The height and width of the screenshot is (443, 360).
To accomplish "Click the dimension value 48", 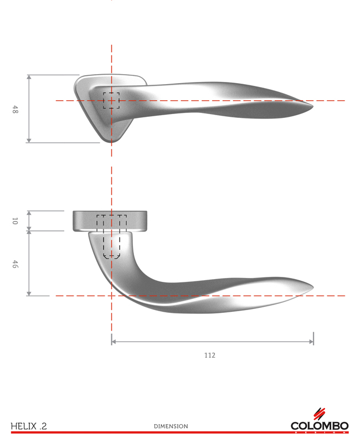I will click(16, 109).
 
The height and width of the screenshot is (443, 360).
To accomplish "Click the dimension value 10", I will click(16, 221).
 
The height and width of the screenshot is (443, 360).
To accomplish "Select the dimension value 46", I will click(16, 264).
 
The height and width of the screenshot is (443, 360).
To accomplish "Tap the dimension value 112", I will click(209, 355).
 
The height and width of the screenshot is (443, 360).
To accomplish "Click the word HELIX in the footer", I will click(23, 426).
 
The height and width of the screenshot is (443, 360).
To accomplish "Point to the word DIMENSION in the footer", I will click(171, 426).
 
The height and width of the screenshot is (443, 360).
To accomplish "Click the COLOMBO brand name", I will click(320, 426).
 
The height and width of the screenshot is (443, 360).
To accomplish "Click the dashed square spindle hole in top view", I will click(111, 100).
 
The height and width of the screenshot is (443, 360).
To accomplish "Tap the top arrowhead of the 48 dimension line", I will click(29, 76).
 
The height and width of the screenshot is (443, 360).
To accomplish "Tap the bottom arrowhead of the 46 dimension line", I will click(29, 294).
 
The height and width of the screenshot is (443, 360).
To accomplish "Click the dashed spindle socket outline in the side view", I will click(112, 238).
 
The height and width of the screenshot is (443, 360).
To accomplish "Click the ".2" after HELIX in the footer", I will click(43, 426).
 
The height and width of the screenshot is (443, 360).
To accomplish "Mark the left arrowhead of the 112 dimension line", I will click(113, 342).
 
